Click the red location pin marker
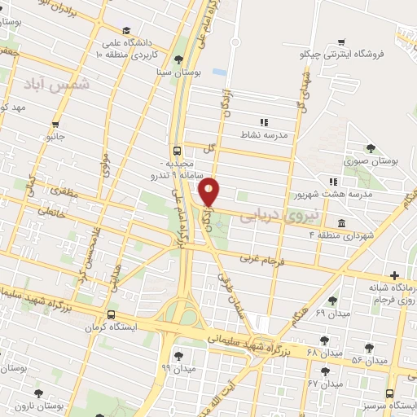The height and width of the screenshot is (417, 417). click(210, 192)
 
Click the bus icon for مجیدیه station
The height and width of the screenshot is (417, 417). click(177, 151)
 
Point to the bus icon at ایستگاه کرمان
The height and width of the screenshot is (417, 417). click(111, 314)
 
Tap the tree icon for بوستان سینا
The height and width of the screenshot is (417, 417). click(178, 59)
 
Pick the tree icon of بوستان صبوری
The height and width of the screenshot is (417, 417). click(371, 147)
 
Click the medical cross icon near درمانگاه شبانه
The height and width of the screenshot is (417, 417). click(395, 276)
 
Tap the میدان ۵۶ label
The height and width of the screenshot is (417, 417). click(367, 359)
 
